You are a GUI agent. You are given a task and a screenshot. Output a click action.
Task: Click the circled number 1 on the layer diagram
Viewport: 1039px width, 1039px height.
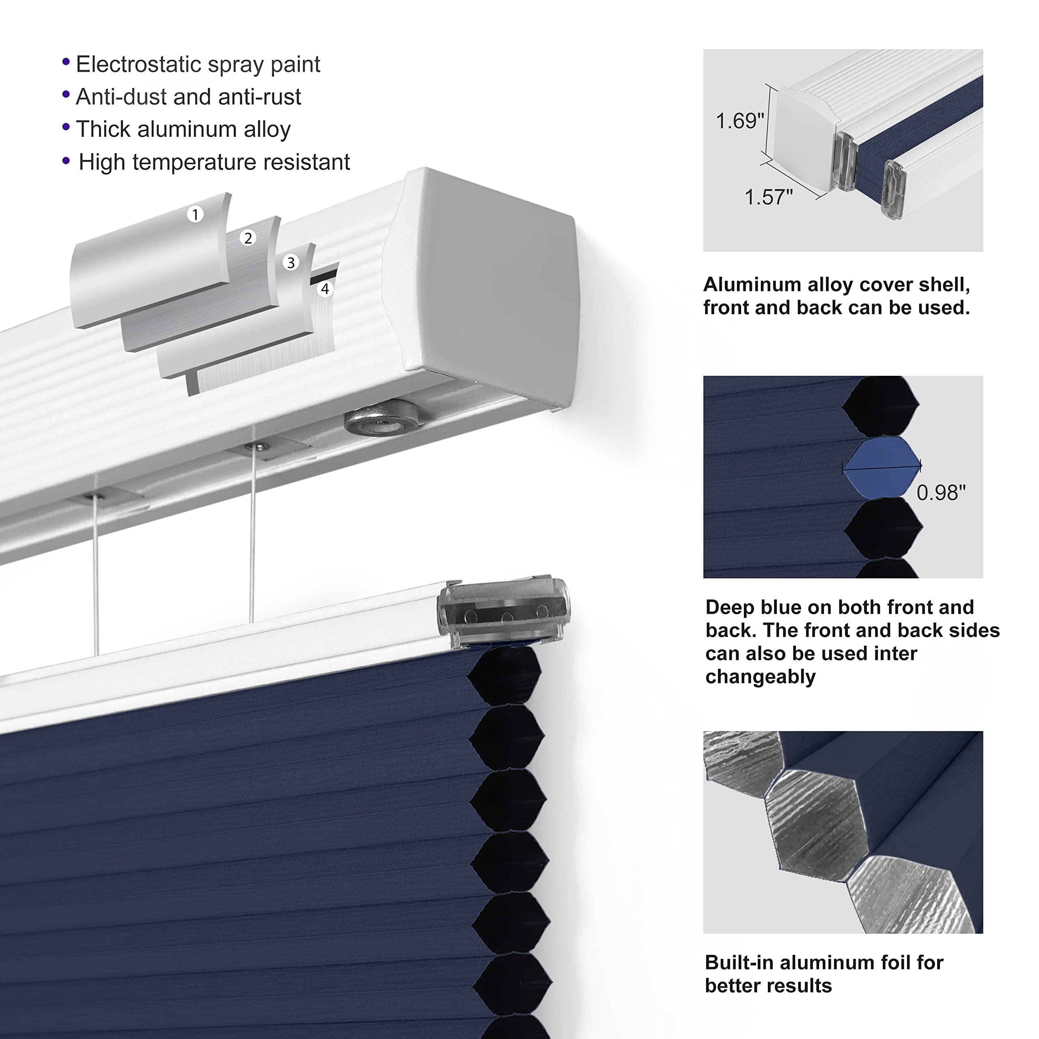tap(195, 215)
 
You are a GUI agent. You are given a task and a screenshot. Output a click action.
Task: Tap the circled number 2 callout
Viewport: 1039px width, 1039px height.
tap(248, 238)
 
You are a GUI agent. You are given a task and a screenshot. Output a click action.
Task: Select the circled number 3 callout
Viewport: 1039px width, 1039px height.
tap(291, 263)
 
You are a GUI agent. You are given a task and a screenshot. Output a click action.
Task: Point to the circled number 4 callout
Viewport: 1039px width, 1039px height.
tap(325, 289)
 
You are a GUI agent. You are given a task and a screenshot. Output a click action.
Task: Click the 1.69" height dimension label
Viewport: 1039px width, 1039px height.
tap(739, 121)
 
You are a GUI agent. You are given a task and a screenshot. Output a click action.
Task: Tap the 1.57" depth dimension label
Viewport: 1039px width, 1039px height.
tap(768, 197)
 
